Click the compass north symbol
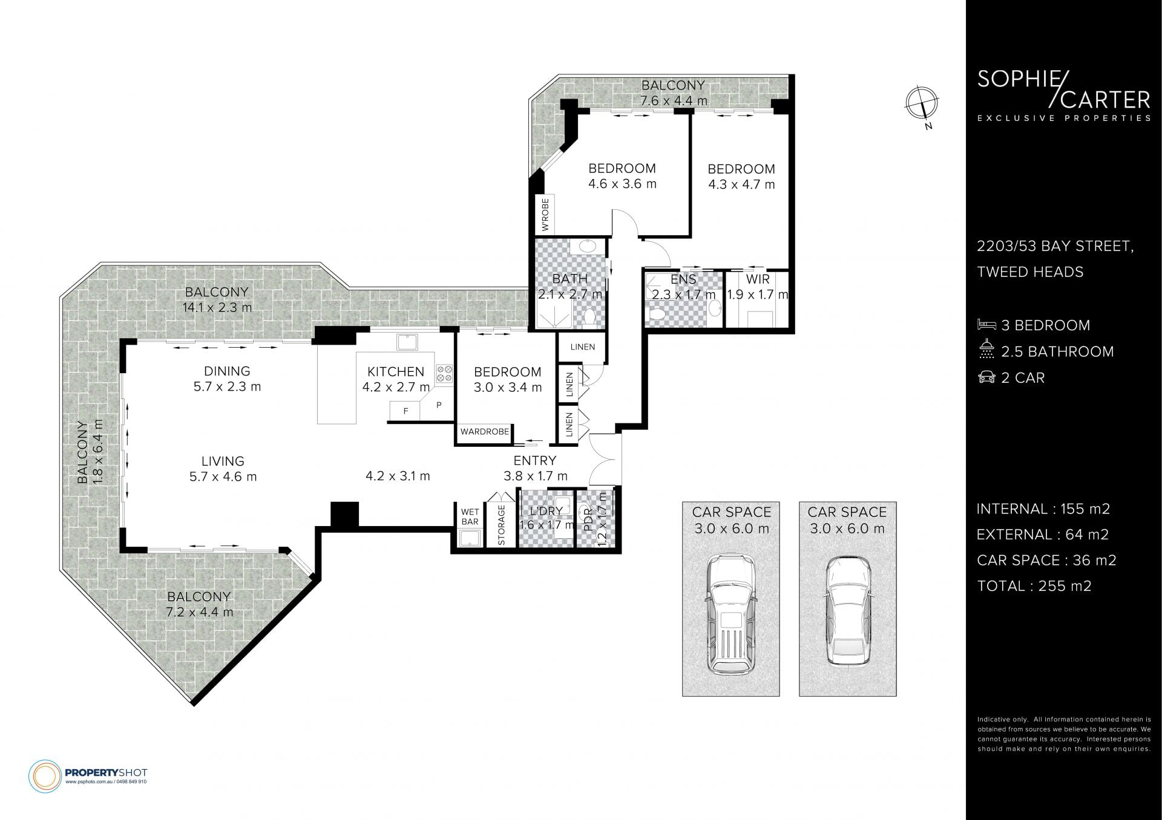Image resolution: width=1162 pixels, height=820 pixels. pos(922,104)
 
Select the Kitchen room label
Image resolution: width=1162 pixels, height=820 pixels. pos(396,371)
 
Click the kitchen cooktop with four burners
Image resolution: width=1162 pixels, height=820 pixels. pos(445,373)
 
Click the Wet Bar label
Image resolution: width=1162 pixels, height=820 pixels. pos(470,517)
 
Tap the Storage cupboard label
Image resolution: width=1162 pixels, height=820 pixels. pos(501,525)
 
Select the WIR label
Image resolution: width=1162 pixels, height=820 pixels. pos(758,279)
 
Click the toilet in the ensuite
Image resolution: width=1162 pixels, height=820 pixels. pos(655,314)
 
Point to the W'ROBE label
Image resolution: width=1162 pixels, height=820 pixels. pos(545,215)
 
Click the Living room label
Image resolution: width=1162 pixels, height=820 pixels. pos(223,461)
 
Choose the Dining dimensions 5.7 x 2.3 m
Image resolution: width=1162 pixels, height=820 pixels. pos(227,386)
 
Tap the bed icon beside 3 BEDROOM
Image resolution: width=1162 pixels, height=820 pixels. pos(986,325)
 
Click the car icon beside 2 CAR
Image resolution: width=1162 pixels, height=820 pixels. pos(986,377)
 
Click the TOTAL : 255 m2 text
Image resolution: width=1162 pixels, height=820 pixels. pos(1034,586)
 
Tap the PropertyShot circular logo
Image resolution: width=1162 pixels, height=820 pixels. pos(45,776)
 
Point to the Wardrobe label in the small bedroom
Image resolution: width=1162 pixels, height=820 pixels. pos(485,432)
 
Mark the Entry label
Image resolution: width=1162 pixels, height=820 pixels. pos(535,461)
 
